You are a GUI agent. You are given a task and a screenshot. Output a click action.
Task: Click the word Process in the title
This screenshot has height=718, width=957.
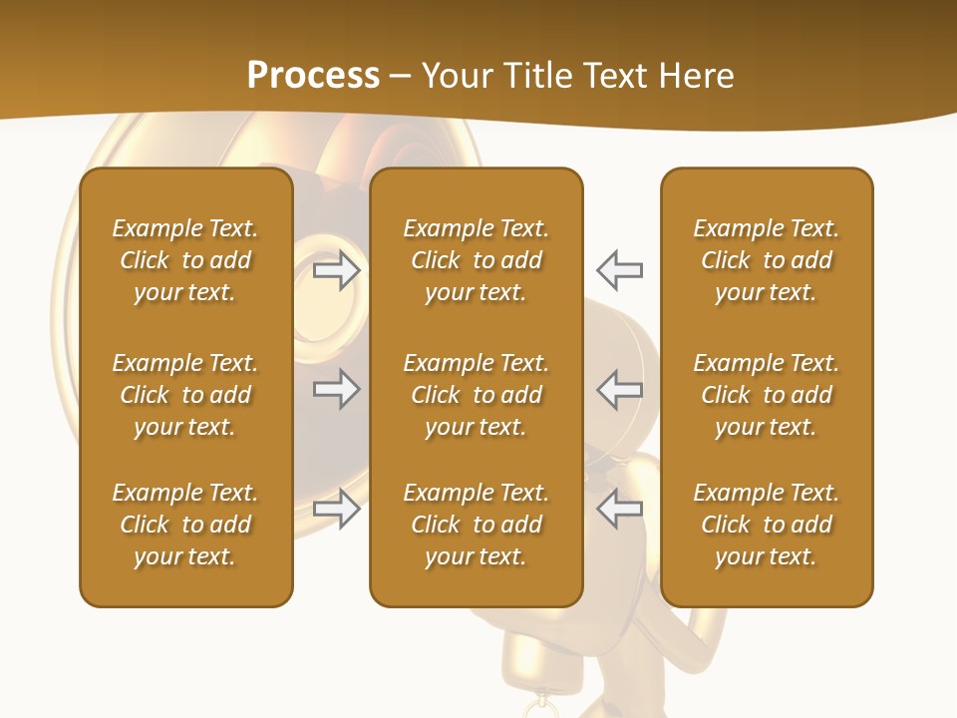click(x=313, y=76)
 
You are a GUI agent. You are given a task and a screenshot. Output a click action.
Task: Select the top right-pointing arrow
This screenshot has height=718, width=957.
click(x=336, y=270)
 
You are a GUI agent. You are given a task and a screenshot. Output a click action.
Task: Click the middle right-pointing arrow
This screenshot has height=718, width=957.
click(x=336, y=389)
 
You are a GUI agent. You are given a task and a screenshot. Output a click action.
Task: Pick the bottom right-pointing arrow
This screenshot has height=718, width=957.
click(x=336, y=509)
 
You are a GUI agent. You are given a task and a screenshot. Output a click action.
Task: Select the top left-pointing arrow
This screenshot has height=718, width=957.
click(x=620, y=270)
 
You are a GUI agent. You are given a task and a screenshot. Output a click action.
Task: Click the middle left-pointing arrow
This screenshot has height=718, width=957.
click(x=620, y=389)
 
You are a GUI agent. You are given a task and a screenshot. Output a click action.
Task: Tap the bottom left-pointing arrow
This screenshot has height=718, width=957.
click(x=620, y=509)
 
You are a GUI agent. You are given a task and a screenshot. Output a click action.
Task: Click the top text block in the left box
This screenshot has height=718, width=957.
click(x=185, y=260)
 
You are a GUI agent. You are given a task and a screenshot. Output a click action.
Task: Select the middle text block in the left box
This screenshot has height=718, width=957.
click(x=185, y=395)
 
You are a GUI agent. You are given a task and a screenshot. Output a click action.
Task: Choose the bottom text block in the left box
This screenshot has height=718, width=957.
click(x=185, y=525)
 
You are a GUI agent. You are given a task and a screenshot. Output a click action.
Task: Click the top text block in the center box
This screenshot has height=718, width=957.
click(x=476, y=260)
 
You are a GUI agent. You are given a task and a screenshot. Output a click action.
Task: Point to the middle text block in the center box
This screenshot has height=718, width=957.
click(x=476, y=395)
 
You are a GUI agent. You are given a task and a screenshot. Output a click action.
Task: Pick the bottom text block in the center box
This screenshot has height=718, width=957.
click(x=476, y=525)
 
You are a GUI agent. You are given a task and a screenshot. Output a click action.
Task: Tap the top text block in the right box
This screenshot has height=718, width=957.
click(x=767, y=260)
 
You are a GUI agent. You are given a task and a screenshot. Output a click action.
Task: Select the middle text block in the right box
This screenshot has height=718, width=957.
click(x=767, y=395)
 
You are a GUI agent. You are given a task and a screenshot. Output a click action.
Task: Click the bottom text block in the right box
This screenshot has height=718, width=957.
click(x=767, y=525)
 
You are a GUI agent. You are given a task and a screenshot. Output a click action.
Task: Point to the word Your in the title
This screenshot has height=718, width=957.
click(x=455, y=76)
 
